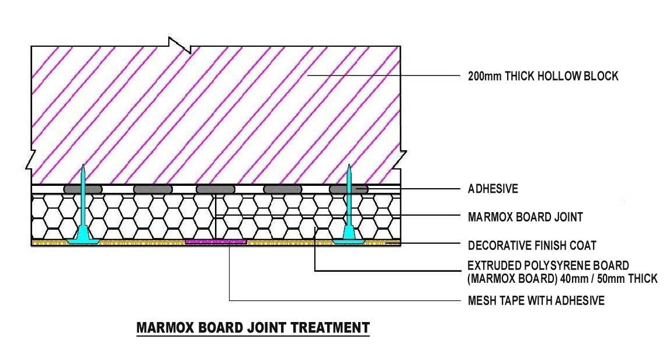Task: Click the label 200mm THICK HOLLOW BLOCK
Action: click(543, 76)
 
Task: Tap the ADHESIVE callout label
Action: click(492, 189)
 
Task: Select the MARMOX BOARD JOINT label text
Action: click(525, 217)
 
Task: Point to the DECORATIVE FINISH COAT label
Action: click(532, 245)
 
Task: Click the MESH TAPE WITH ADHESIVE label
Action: click(536, 300)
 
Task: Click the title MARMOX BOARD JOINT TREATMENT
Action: click(253, 328)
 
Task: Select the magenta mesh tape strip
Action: click(216, 241)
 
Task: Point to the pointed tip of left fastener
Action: click(83, 164)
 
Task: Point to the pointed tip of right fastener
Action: click(349, 164)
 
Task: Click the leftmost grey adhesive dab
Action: click(83, 189)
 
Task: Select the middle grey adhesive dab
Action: click(216, 189)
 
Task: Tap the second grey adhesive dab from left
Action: click(153, 189)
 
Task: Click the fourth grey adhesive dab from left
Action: click(283, 189)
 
